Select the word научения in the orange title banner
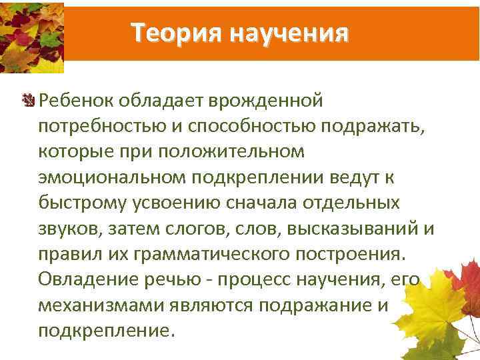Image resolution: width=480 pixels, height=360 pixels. [x=289, y=32]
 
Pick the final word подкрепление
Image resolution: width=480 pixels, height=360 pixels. [x=107, y=330]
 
